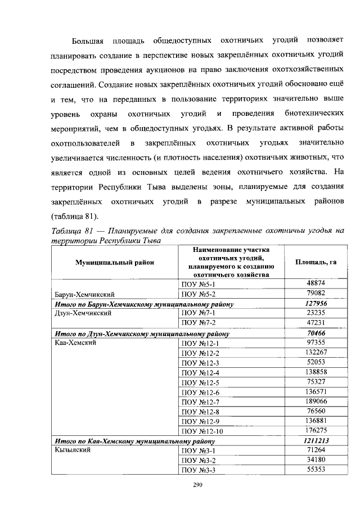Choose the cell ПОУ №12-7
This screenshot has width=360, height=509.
(198, 401)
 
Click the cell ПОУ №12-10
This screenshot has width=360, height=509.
(200, 431)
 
